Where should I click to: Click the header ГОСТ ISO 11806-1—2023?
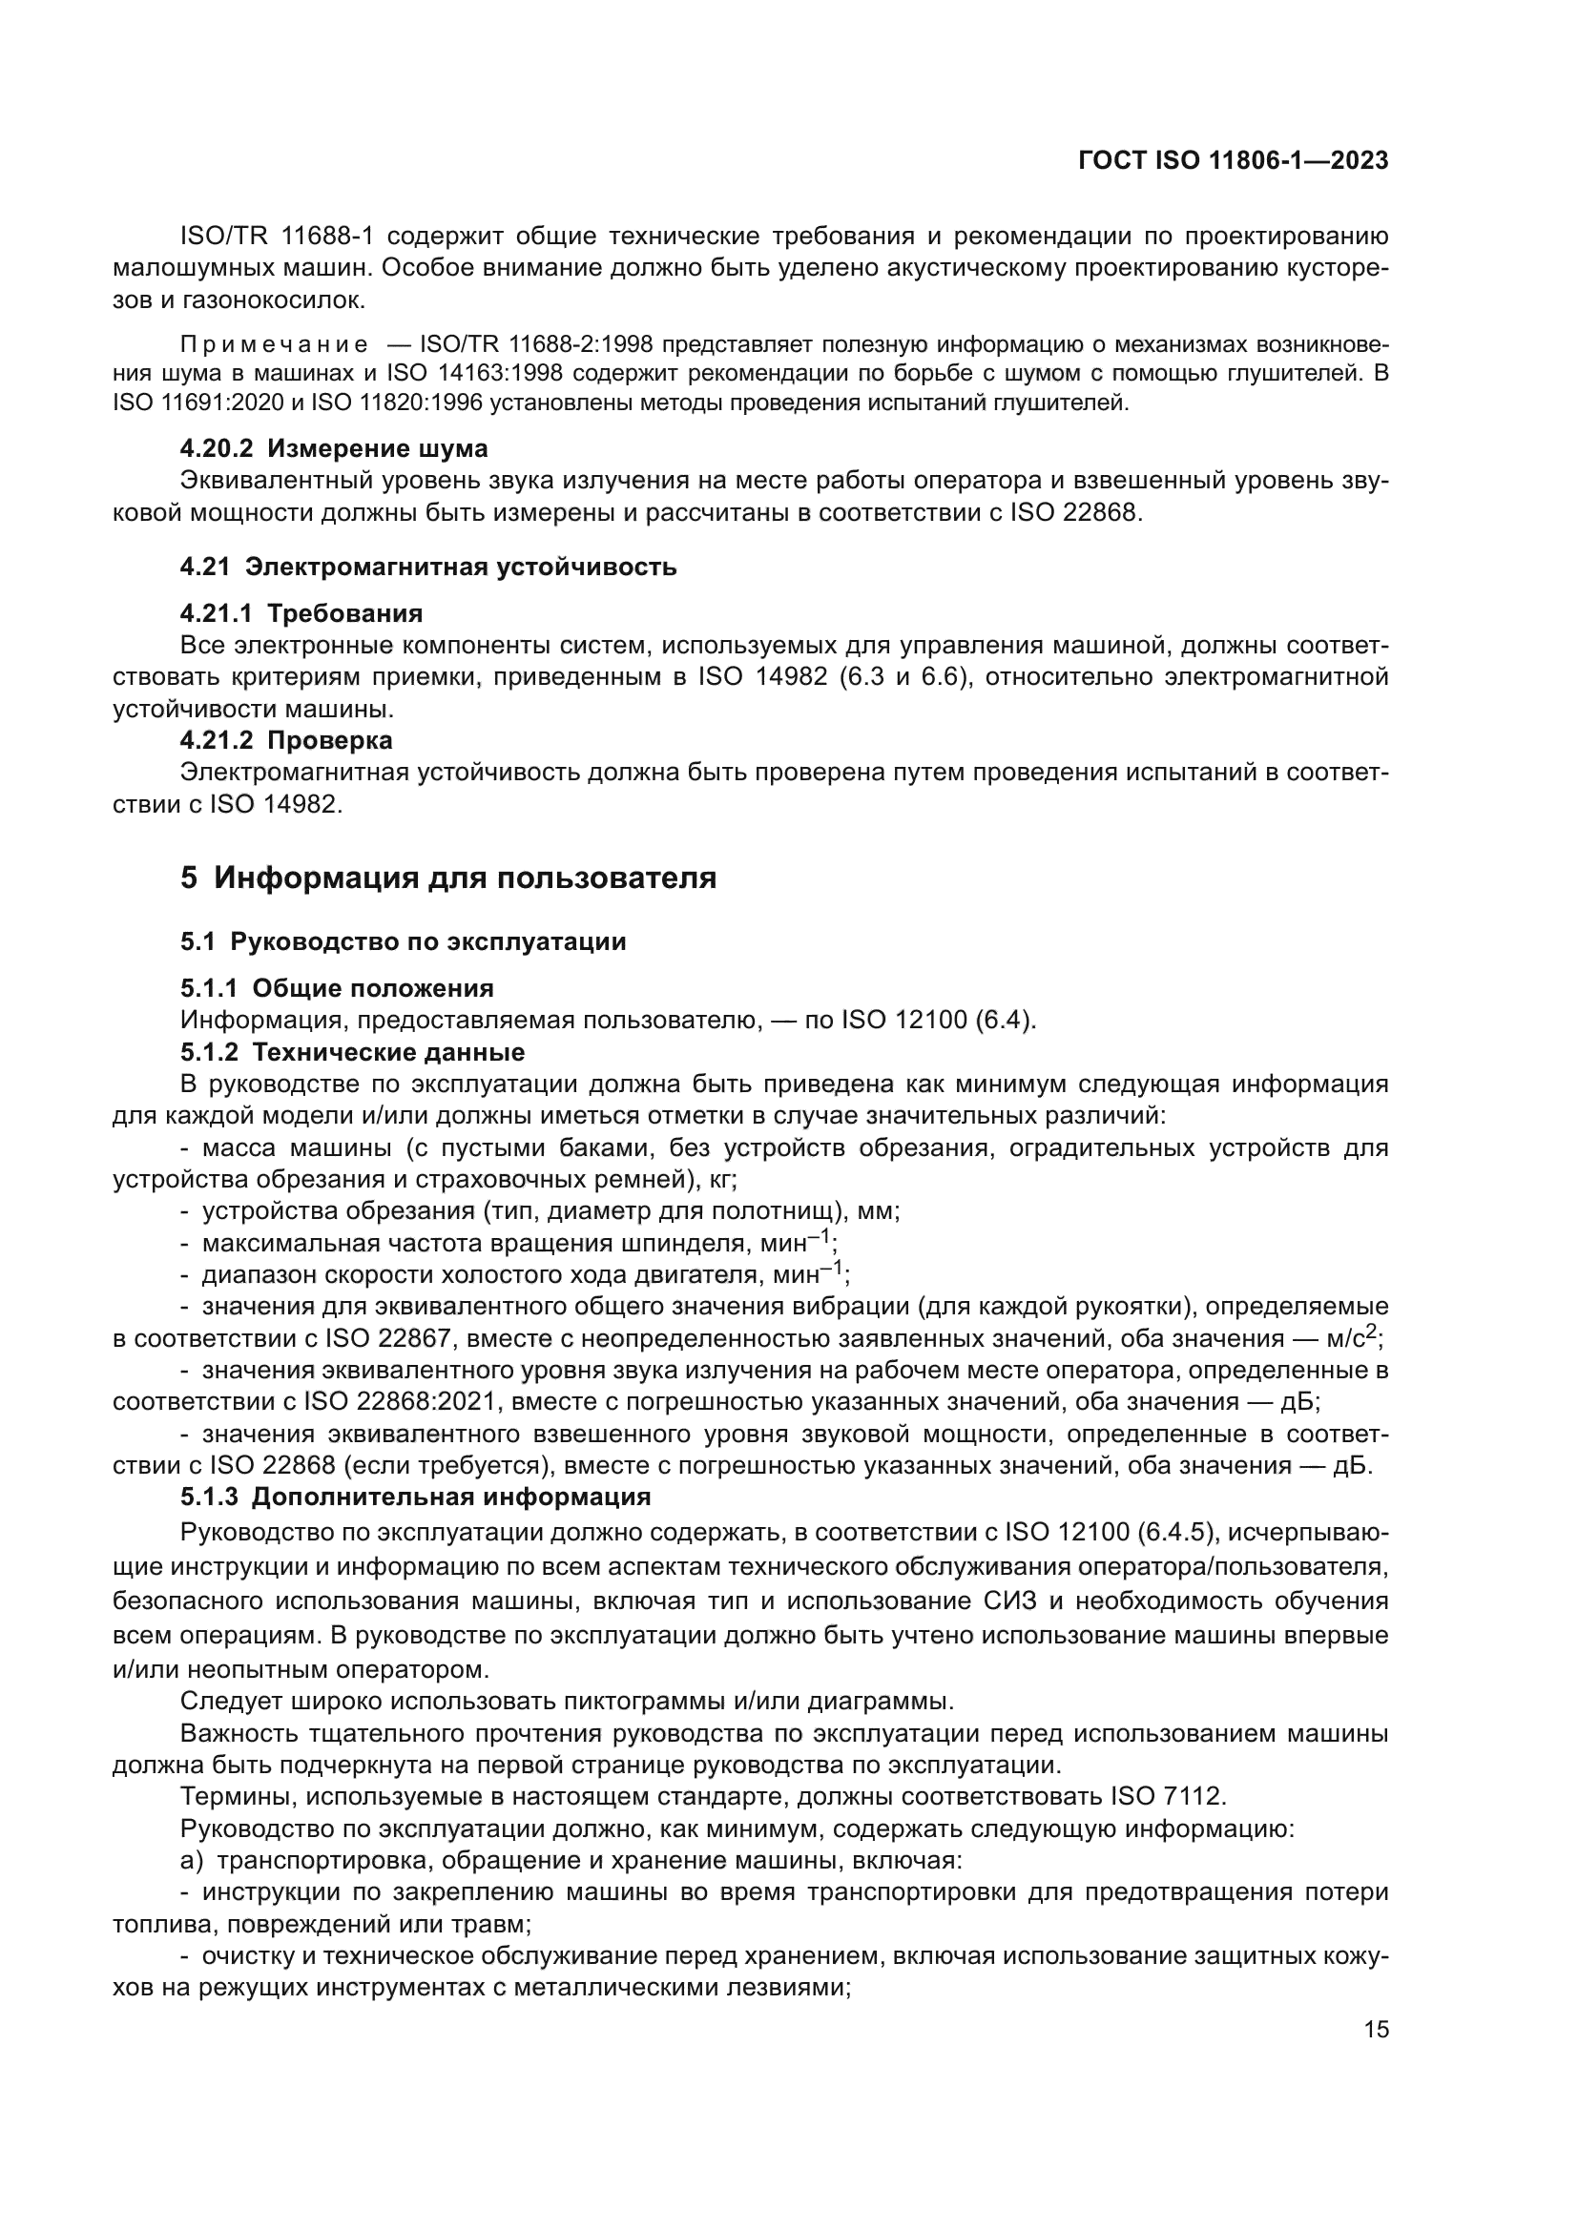[1232, 161]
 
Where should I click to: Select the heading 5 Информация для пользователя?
[448, 878]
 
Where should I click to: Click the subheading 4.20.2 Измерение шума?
[333, 449]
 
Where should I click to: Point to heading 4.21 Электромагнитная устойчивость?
[427, 568]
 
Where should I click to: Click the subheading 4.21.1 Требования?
[301, 613]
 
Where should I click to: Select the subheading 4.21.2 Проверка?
[285, 740]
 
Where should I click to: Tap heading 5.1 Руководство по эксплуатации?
[403, 941]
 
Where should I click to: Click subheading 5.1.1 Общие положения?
[336, 988]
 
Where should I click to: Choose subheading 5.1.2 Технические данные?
[352, 1052]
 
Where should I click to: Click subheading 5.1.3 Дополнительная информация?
[415, 1497]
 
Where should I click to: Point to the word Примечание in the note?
[274, 345]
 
